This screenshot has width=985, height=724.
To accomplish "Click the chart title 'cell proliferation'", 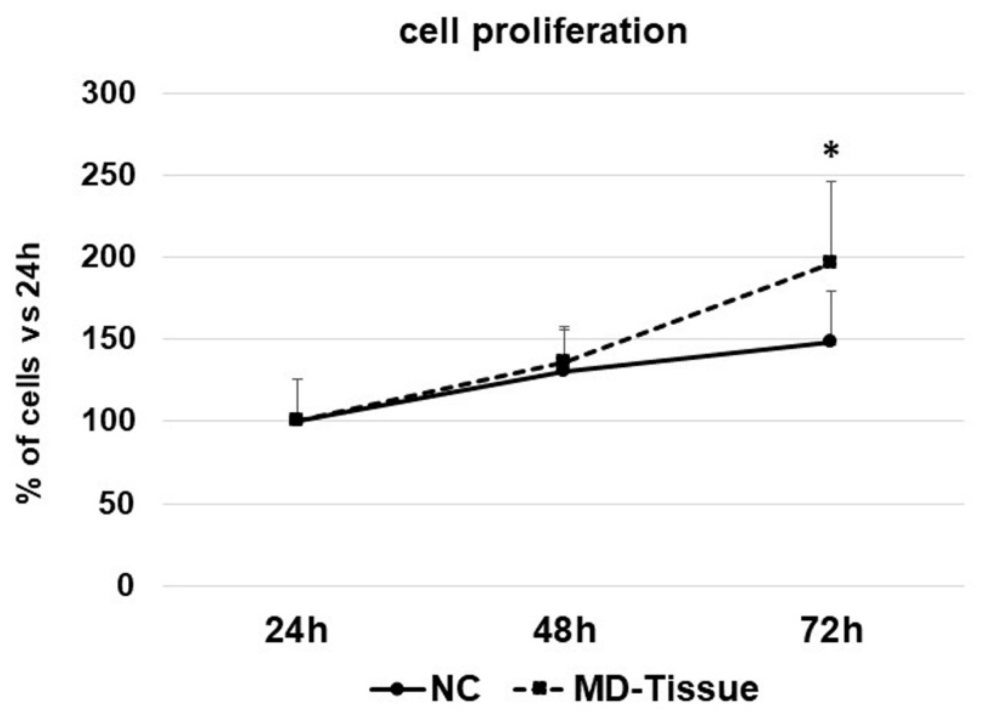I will [543, 32].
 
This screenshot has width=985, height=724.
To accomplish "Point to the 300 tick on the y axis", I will [108, 94].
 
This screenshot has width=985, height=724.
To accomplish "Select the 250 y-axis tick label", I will [108, 176].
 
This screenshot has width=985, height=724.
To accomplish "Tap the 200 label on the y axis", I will [108, 258].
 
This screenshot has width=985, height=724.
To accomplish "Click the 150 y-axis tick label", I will [108, 340].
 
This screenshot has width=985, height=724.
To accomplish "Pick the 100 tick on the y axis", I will [108, 422].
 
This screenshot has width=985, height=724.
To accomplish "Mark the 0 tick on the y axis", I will [126, 586].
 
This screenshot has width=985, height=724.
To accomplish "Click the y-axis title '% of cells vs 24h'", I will [29, 373].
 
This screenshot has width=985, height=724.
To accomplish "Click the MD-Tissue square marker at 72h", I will [830, 262].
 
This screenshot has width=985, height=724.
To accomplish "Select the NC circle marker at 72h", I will [830, 341].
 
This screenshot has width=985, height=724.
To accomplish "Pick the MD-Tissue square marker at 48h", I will [563, 360].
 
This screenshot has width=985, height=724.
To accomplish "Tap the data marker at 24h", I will [296, 419].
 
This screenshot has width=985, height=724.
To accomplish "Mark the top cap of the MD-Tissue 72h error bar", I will [831, 182].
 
